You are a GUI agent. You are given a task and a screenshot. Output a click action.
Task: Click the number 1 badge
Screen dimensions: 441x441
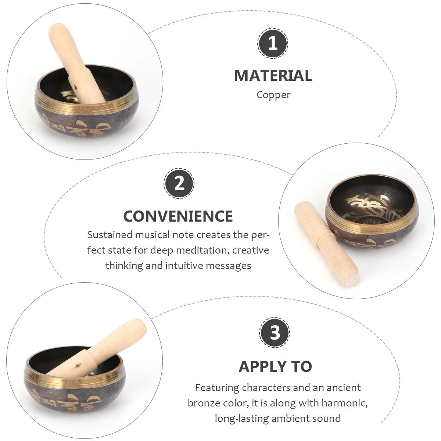coord(272,43)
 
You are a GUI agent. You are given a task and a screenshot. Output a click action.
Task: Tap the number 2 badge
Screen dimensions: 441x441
coord(179,183)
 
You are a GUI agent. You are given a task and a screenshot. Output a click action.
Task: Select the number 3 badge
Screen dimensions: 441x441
coord(275,333)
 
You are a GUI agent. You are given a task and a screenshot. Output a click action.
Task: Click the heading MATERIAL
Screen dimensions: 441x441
coord(273,76)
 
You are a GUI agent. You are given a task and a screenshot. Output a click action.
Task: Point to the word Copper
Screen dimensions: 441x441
coord(273,95)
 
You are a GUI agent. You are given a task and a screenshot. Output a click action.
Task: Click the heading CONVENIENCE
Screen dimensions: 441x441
coord(178,216)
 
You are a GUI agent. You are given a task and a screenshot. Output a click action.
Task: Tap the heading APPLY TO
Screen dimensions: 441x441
coord(275,366)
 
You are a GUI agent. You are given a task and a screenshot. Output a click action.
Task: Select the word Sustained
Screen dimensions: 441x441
coord(110,235)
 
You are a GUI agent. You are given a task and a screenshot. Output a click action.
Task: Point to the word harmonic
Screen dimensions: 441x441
coord(344,403)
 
